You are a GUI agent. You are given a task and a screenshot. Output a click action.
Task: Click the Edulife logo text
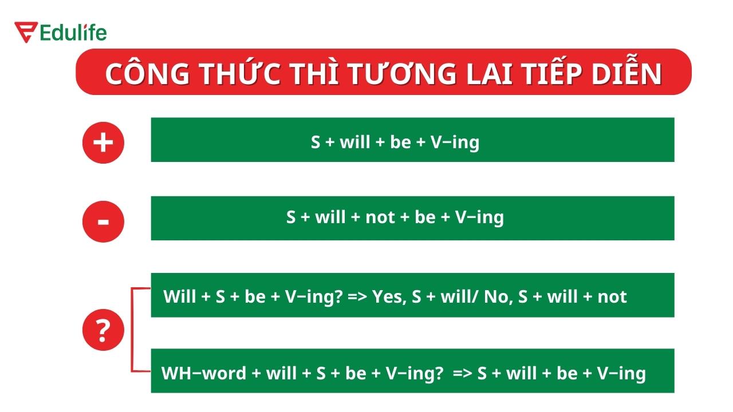[73, 33]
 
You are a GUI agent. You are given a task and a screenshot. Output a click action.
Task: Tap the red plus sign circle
[103, 142]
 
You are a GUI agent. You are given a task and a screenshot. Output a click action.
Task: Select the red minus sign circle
[103, 221]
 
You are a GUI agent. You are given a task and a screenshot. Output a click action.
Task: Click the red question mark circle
[103, 330]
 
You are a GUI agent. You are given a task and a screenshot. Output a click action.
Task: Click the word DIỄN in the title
[626, 74]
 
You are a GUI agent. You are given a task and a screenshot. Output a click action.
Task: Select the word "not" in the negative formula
[380, 217]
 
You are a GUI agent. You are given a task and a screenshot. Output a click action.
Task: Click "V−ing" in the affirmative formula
[455, 142]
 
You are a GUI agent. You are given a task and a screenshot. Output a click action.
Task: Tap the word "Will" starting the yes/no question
[179, 296]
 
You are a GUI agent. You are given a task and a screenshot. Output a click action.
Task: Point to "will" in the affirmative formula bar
[355, 142]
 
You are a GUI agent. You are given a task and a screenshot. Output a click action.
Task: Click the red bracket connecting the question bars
[133, 330]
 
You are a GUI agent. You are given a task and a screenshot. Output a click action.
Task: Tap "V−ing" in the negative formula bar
[479, 217]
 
